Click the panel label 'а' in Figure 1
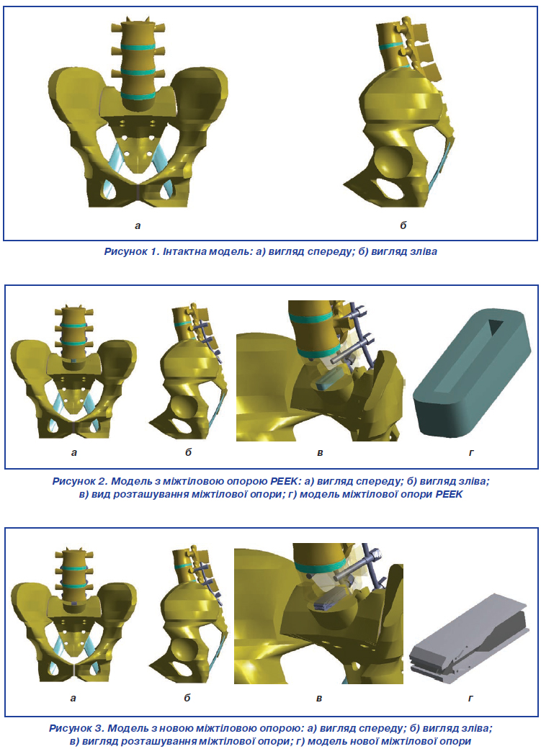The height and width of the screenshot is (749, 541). tap(138, 226)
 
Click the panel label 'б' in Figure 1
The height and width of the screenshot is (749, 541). tap(403, 225)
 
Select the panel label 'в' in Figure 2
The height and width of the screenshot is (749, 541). tap(320, 453)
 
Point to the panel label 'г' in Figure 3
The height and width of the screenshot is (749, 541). tap(470, 699)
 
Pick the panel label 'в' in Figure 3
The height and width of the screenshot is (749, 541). tap(319, 699)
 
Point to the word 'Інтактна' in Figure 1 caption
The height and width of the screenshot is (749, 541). tap(185, 251)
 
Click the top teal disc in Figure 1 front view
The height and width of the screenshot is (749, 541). tap(138, 48)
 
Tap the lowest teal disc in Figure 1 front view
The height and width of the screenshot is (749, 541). tap(138, 95)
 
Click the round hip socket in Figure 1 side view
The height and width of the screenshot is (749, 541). tap(389, 164)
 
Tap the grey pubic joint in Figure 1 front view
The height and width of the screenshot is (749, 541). tap(138, 194)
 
